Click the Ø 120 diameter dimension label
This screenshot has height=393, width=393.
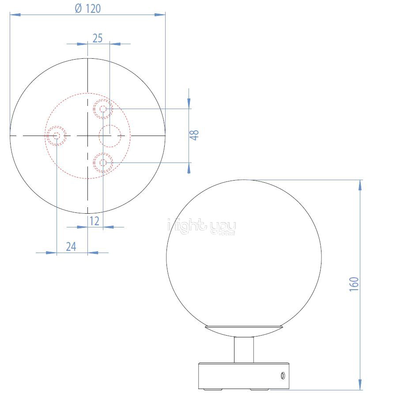coord(88,8)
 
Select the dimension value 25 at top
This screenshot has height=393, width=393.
coord(98,38)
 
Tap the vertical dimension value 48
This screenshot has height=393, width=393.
coord(194,135)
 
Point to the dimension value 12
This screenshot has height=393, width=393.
coord(94,221)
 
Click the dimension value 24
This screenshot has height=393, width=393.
coord(71,246)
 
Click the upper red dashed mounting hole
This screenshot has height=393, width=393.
coord(103,109)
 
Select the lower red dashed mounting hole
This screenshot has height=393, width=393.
coord(103,163)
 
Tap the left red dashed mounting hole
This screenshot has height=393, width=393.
coord(57,136)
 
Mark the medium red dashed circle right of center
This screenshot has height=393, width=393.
coord(110,136)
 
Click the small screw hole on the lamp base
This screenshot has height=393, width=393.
coord(281,376)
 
